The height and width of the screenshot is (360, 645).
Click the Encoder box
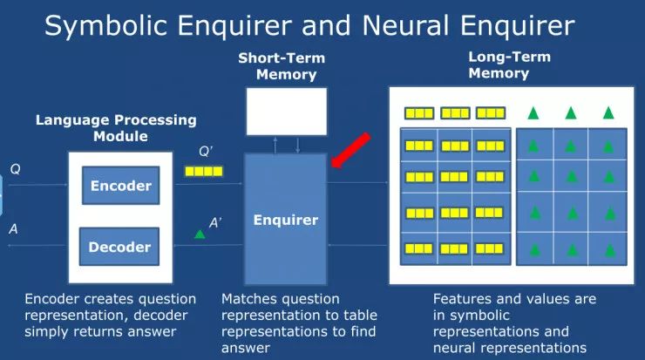pos(120,186)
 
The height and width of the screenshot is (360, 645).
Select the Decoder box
pos(120,247)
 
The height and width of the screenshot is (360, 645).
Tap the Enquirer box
pos(285,220)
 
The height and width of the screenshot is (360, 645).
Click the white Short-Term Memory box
pos(286,112)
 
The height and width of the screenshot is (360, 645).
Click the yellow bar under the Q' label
pos(204,173)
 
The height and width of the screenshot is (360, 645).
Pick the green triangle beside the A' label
pos(200,233)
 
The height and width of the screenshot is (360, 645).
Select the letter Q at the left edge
pos(15,168)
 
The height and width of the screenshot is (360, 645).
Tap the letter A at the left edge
pos(13,229)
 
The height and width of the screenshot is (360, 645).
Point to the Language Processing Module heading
pos(116,128)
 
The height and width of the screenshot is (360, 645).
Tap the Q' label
pos(206,152)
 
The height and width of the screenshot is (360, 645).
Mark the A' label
pos(215,223)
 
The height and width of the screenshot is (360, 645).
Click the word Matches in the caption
pos(248,299)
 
